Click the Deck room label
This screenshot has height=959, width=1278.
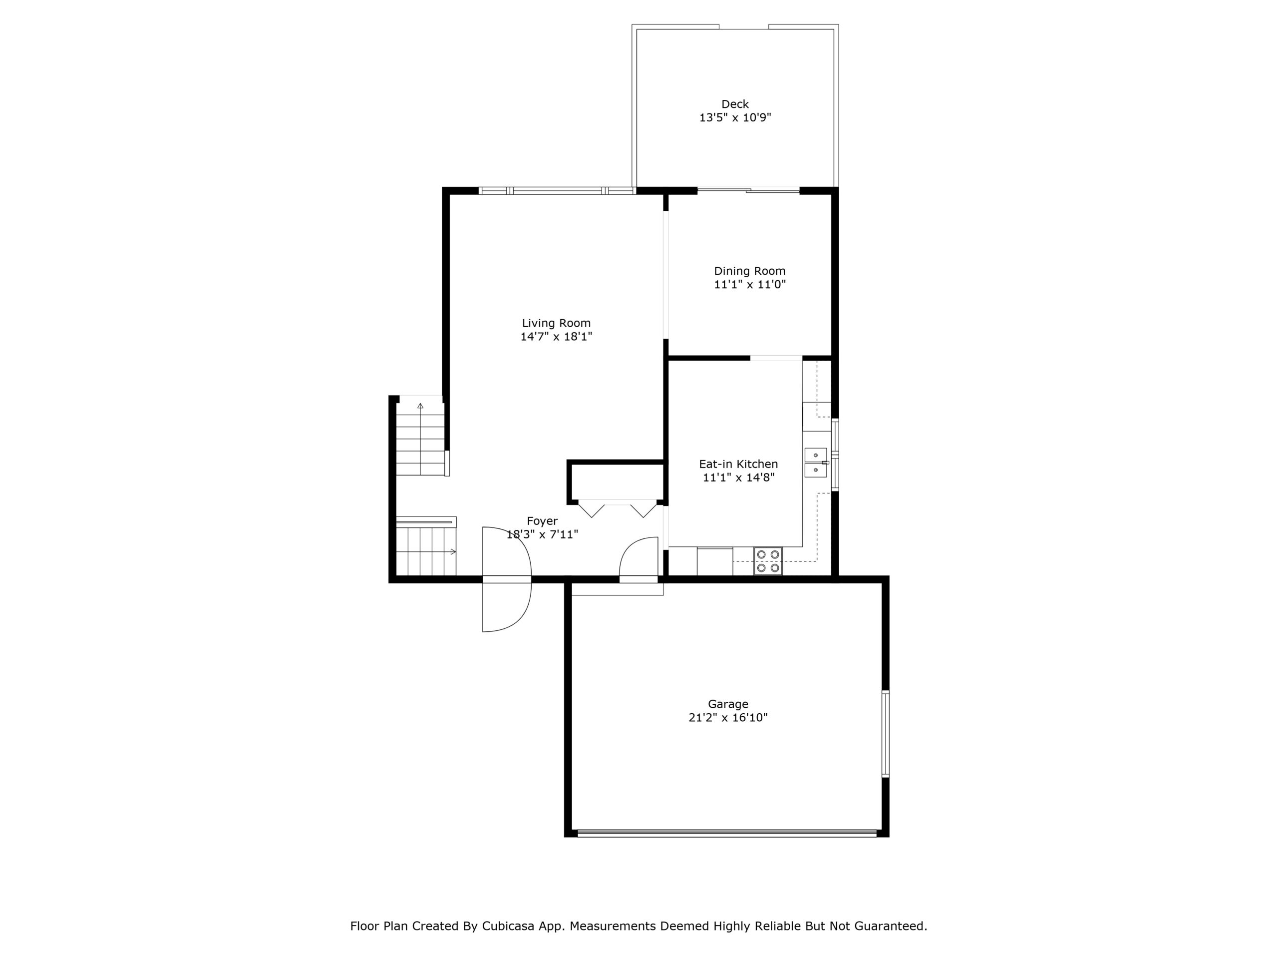[x=735, y=104]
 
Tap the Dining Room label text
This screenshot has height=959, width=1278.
[x=749, y=271]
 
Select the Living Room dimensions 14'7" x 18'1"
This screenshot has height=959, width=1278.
[x=557, y=337]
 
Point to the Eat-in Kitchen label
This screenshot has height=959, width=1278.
[x=738, y=464]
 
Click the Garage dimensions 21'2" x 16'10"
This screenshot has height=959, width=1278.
[x=728, y=718]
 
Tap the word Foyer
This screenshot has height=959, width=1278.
[x=542, y=521]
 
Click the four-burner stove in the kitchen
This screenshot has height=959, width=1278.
[x=768, y=561]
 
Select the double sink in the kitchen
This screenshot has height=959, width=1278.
[x=816, y=463]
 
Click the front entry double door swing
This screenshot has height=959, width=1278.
[x=507, y=579]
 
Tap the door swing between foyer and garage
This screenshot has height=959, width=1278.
[x=639, y=558]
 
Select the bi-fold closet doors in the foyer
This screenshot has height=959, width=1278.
[x=618, y=508]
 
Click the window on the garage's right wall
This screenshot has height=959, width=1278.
[x=885, y=734]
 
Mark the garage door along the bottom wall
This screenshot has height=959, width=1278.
[x=727, y=833]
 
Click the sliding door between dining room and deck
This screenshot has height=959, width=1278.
[x=749, y=190]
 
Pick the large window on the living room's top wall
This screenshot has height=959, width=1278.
[x=557, y=190]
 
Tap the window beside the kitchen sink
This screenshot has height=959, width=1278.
[x=835, y=455]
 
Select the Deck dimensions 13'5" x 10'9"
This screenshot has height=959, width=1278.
[x=735, y=118]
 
